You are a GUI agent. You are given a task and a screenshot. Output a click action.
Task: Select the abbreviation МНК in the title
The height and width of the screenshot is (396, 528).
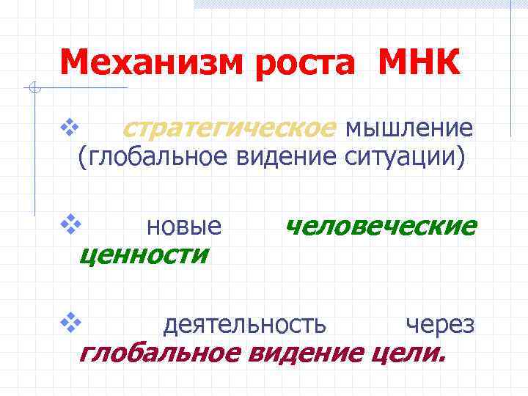(x=419, y=64)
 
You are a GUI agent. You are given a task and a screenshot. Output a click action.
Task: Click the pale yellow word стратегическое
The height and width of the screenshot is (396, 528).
(x=227, y=128)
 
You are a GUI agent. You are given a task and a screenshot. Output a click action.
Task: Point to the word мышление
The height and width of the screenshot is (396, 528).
(x=408, y=128)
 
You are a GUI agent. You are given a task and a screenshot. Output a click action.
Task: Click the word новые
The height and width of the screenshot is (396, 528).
(x=184, y=227)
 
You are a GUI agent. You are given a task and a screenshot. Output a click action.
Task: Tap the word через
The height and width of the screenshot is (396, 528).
(x=440, y=323)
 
